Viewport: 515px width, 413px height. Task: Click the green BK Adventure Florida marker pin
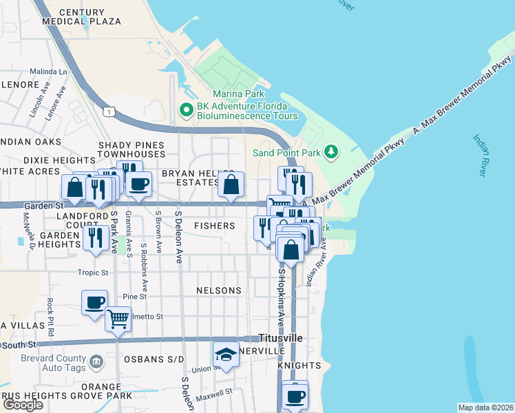tap(185, 109)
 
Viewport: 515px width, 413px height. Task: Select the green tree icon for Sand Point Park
tap(332, 151)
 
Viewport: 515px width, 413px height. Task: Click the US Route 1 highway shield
tap(108, 110)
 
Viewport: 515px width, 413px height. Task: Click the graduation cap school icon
tap(226, 355)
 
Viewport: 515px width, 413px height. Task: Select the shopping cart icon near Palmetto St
tap(118, 319)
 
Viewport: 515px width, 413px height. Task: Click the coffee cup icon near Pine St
tap(94, 302)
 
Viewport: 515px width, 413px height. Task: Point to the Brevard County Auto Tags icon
tap(96, 360)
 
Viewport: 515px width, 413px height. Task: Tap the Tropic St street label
tap(94, 273)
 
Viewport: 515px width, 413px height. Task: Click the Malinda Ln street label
tap(48, 72)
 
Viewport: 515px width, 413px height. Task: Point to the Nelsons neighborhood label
tap(218, 290)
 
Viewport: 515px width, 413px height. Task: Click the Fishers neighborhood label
tap(214, 226)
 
